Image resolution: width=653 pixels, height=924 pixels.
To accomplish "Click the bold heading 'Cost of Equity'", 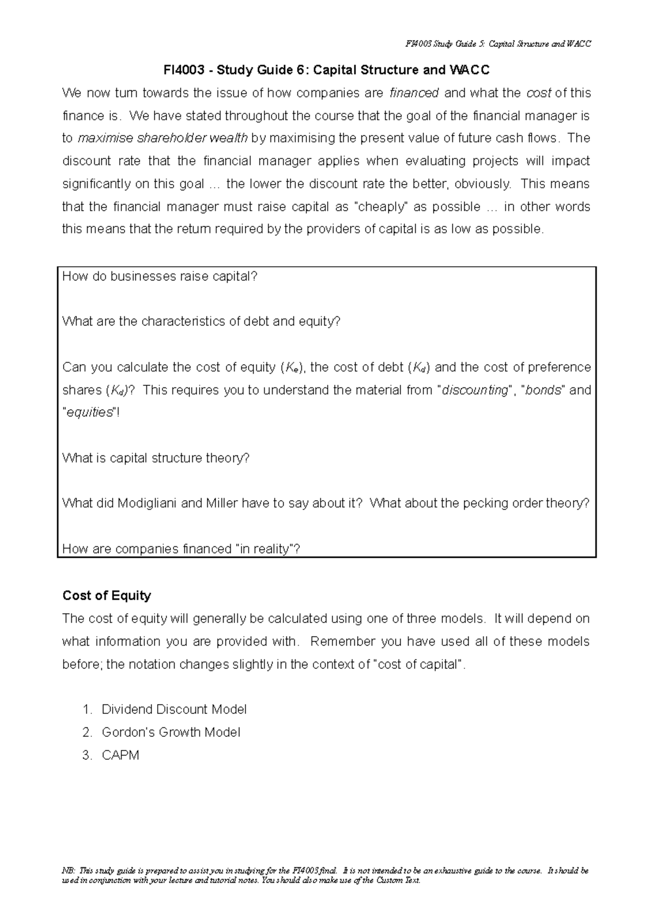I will [x=107, y=595].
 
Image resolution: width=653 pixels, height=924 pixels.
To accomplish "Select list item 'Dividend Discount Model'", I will [x=174, y=710].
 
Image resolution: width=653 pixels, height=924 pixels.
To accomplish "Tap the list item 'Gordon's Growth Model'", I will [x=171, y=732].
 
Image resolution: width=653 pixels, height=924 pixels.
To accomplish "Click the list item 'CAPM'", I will [x=120, y=755].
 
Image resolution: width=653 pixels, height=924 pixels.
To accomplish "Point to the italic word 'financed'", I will [x=415, y=93].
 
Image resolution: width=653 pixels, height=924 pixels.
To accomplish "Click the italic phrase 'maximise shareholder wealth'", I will [x=163, y=138].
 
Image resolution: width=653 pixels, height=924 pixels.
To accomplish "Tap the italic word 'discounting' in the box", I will [x=475, y=390].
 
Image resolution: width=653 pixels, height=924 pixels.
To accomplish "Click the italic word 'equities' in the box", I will [x=89, y=412].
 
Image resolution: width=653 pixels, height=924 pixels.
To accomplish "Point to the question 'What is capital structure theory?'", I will [x=156, y=458].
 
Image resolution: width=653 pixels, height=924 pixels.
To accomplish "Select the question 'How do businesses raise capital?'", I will [x=159, y=276].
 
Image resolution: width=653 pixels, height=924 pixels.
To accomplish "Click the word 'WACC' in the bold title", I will [x=469, y=70].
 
